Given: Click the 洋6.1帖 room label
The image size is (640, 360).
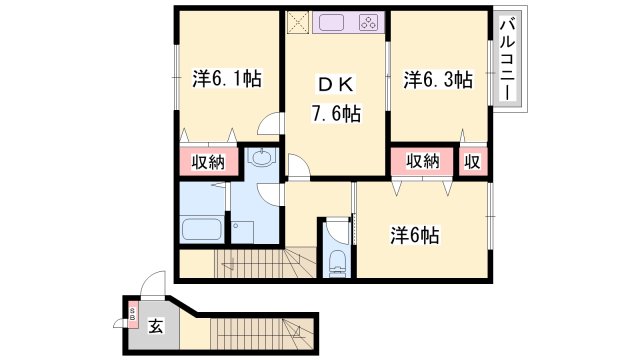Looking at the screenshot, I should (227, 78).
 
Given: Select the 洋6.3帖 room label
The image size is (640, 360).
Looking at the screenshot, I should (437, 80).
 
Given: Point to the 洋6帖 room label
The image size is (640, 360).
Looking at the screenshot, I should (414, 236).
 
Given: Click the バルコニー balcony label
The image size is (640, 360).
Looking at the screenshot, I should (508, 59).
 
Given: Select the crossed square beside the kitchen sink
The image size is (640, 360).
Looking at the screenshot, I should (298, 23).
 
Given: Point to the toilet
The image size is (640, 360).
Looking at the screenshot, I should (336, 262).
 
